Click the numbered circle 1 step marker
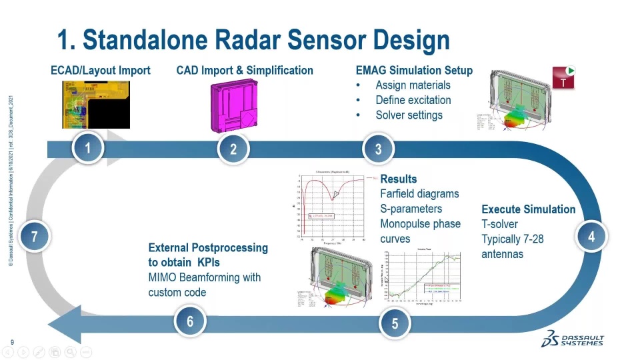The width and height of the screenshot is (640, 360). pos(87,148)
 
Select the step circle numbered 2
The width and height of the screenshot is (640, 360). pos(233,149)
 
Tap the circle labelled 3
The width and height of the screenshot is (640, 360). pos(378,149)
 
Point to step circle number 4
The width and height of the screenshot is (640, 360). pos(591,235)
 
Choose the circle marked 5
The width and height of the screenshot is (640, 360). pos(395,323)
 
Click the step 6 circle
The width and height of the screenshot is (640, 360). pos(190,322)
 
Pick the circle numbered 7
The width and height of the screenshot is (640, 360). pos(34,236)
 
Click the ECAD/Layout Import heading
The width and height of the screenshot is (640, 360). pos(101,70)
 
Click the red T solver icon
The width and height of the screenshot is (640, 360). pos(565,77)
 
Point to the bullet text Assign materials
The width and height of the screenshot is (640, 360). pos(413,85)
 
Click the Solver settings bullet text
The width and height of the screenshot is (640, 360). pos(409,115)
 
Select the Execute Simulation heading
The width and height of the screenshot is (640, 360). pos(528,209)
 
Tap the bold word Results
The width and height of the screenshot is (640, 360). pos(399,179)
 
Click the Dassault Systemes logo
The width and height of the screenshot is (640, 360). pos(573,338)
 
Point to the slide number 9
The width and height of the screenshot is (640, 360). pos(12,342)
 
